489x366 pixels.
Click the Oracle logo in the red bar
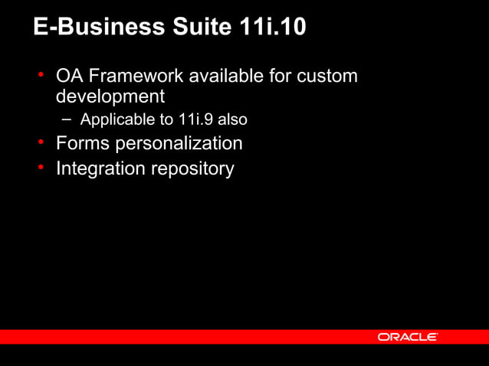point(407,337)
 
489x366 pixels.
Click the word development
point(110,97)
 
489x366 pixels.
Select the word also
point(232,120)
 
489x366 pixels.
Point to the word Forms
point(82,143)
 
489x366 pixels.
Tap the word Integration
point(99,168)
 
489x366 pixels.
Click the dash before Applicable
point(67,119)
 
